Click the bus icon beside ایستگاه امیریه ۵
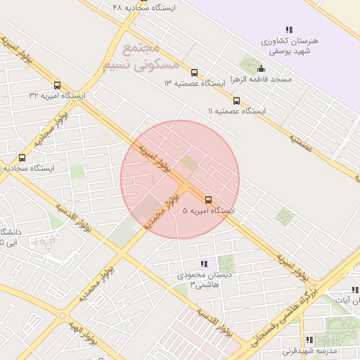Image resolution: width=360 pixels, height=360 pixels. [207, 199]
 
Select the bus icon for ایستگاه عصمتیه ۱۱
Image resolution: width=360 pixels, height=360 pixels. [236, 101]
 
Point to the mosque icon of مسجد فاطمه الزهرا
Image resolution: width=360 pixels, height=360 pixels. [262, 68]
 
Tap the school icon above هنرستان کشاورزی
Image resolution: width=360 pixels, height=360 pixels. [289, 30]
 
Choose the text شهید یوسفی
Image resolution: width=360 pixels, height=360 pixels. [289, 51]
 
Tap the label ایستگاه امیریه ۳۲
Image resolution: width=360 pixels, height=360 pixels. [56, 94]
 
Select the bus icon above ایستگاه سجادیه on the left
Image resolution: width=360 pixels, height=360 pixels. [22, 158]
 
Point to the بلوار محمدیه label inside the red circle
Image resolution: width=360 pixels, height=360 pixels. [160, 212]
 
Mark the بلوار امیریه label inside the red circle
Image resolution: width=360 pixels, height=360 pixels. [153, 159]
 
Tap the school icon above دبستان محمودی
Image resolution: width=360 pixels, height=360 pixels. [204, 263]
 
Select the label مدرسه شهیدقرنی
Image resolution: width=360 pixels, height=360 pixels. [310, 350]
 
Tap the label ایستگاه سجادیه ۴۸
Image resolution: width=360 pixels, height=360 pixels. [143, 8]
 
